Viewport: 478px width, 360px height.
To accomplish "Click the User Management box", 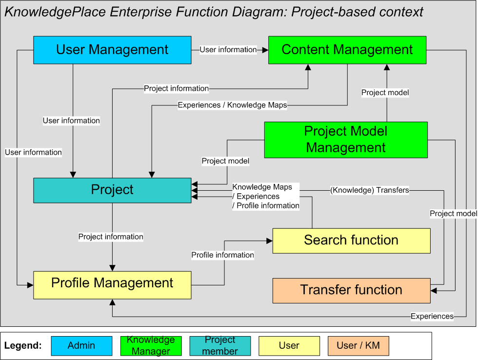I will (112, 50).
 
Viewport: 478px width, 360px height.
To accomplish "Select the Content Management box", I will (347, 50).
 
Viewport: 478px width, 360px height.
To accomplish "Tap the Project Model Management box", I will (345, 140).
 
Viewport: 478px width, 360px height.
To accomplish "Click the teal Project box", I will (112, 190).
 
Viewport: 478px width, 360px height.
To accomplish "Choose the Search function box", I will (351, 240).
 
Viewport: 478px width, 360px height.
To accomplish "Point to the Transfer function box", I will (351, 290).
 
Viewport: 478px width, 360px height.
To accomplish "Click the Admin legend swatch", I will (81, 346).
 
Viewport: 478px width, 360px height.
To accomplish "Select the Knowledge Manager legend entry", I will (151, 346).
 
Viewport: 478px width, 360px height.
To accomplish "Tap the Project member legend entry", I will (220, 346).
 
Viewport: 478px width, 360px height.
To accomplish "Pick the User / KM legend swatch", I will (358, 346).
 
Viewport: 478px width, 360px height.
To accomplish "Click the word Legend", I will (23, 346).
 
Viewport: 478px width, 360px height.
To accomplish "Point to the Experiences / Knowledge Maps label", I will (232, 105).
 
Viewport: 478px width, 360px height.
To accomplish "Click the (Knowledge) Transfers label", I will (369, 190).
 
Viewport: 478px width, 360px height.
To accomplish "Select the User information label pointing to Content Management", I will (228, 50).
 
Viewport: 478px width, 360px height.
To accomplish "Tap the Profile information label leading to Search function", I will (222, 255).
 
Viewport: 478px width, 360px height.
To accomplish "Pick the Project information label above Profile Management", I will (111, 237).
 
